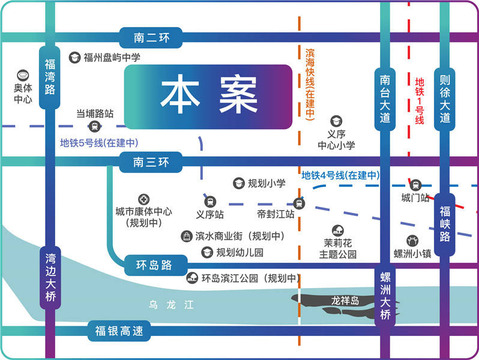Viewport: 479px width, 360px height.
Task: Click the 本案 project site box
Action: pyautogui.click(x=208, y=96)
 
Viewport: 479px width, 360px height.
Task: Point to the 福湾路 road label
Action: pyautogui.click(x=50, y=77)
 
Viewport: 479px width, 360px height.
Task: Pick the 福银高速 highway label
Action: pyautogui.click(x=120, y=331)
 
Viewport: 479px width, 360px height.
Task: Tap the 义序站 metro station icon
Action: pyautogui.click(x=210, y=202)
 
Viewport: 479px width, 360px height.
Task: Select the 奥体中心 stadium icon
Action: pyautogui.click(x=23, y=76)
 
